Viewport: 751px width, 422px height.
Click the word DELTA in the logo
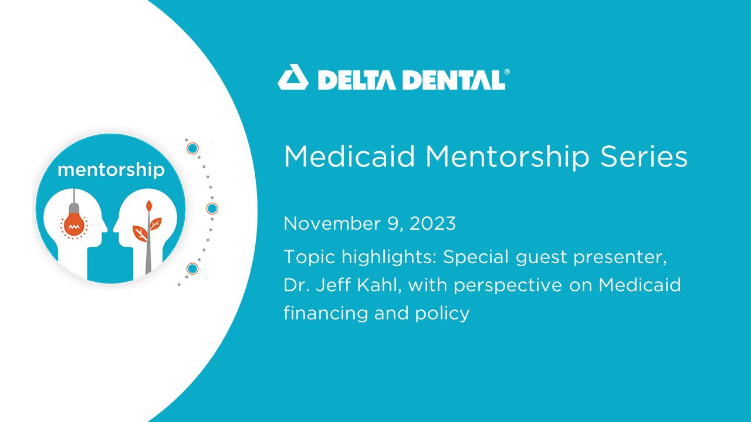[x=357, y=80]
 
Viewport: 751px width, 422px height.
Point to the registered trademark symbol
[x=507, y=72]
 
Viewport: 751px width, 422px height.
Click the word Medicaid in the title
[x=349, y=156]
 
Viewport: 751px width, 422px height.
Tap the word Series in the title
[x=644, y=156]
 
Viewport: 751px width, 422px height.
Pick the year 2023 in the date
[x=432, y=223]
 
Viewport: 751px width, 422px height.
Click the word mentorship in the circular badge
[x=111, y=170]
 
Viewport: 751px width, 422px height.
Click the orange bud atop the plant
[x=149, y=206]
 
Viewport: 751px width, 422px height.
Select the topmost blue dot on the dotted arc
[x=192, y=148]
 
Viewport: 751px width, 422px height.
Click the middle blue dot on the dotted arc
[x=212, y=208]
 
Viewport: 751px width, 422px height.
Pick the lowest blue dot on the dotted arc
[x=192, y=268]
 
